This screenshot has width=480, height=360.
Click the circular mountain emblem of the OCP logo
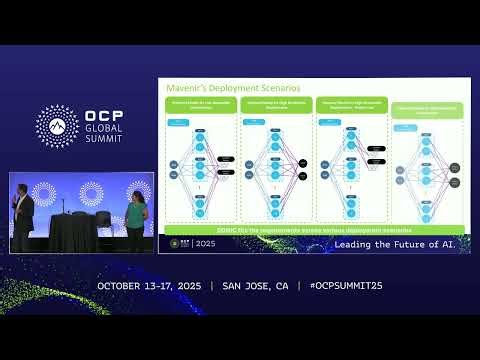[56, 125]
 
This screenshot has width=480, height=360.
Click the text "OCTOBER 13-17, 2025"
[149, 286]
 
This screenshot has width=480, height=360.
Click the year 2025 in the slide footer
[206, 243]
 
